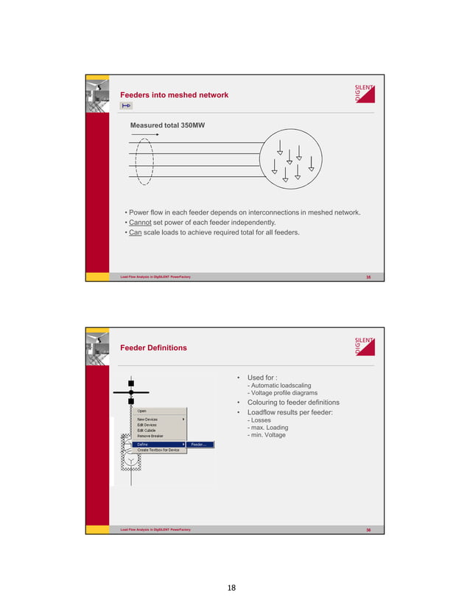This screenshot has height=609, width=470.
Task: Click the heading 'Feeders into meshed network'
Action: click(x=174, y=95)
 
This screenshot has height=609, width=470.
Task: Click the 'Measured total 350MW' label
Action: click(x=167, y=125)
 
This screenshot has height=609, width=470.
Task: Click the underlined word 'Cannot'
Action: click(x=139, y=222)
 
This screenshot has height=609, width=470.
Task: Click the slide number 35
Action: click(x=369, y=276)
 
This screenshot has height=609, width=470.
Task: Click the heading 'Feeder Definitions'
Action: click(x=153, y=347)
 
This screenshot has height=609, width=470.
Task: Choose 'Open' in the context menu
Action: click(x=142, y=411)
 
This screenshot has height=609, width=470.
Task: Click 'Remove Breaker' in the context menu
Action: click(x=150, y=436)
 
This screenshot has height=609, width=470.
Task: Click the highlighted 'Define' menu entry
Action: click(x=144, y=445)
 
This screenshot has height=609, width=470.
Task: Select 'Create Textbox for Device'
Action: click(x=158, y=450)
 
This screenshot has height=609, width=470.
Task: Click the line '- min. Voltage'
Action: click(x=267, y=435)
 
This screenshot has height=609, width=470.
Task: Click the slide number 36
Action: click(x=369, y=529)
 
